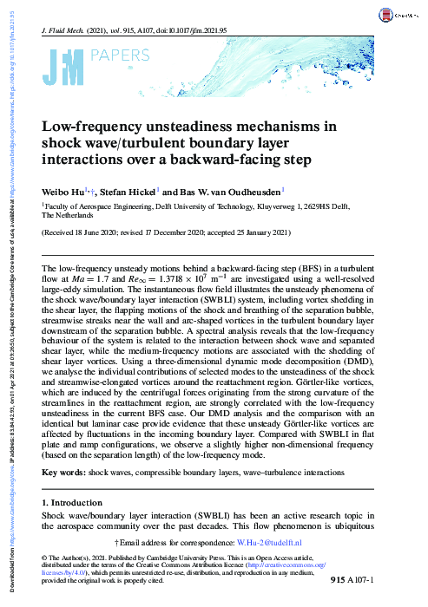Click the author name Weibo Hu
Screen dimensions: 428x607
(x=66, y=191)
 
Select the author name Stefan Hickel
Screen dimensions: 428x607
(x=129, y=191)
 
